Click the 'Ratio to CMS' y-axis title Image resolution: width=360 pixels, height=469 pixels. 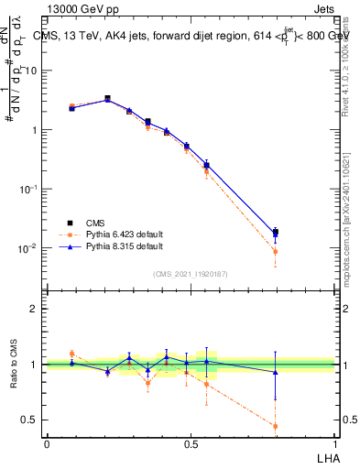point(13,365)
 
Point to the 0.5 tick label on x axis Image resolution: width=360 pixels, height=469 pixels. point(191,443)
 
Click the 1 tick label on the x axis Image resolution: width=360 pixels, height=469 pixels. point(335,443)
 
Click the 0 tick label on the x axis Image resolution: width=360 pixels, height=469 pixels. point(47,443)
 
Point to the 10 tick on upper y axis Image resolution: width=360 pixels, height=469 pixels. point(33,71)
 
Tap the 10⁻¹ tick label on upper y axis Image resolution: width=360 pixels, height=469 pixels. point(29,189)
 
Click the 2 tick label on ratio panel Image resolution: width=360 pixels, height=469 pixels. point(35,309)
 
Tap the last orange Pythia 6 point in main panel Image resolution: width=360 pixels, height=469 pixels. point(275,252)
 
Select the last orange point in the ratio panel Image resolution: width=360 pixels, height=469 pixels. point(275,426)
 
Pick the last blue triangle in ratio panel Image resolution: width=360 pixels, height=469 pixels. point(275,371)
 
